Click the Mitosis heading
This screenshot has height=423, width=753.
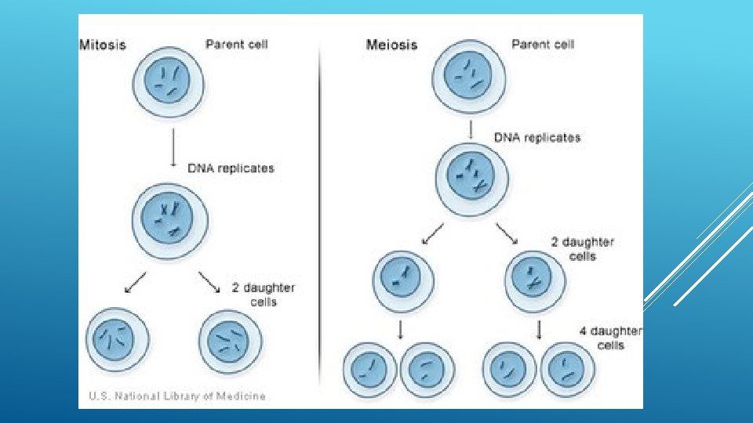point(103,45)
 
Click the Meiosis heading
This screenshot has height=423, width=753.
point(391,45)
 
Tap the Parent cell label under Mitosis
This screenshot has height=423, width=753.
point(236,44)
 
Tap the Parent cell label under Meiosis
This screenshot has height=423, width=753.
point(543,44)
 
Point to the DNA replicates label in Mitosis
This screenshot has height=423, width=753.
point(231,168)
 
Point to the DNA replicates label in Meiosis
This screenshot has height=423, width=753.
point(537,138)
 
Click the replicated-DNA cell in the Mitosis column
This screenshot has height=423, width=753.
point(171,220)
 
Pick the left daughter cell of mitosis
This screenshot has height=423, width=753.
point(118,339)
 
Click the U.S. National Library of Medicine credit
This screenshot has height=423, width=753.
point(177,396)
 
